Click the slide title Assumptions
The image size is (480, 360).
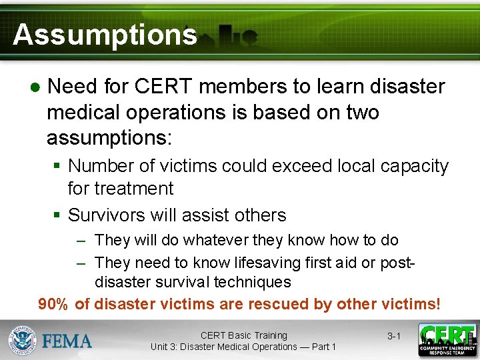[x=105, y=34]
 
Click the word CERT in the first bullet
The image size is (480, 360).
[x=160, y=87]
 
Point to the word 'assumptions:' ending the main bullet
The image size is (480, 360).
[x=109, y=138]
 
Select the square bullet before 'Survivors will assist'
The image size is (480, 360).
[x=57, y=215]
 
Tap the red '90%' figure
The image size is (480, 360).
[x=53, y=304]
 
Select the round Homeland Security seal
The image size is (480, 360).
[x=22, y=341]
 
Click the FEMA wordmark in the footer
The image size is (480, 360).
[x=67, y=341]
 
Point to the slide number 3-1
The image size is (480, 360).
[x=394, y=337]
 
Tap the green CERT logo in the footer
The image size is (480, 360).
[x=447, y=340]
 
